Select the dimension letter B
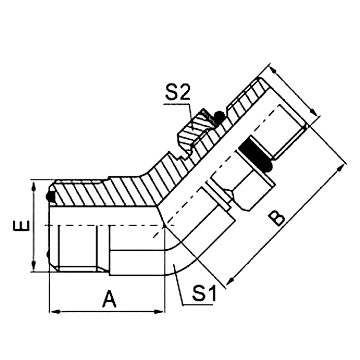tap(277, 217)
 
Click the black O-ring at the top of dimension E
tap(50, 196)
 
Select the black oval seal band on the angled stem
tap(254, 153)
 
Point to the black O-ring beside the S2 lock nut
tap(219, 117)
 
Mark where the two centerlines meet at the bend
tap(163, 226)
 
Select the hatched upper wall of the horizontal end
tap(103, 192)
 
